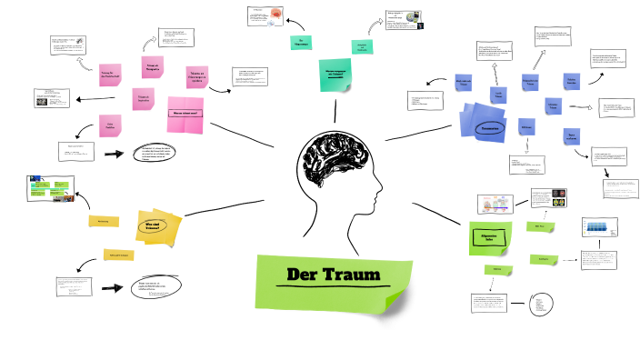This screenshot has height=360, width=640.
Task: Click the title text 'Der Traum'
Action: (333, 275)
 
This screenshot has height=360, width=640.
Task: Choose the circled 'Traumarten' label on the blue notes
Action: (491, 128)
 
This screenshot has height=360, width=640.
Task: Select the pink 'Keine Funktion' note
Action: (111, 126)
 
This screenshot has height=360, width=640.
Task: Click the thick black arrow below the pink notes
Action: (114, 155)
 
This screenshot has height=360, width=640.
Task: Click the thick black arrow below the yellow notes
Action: (112, 288)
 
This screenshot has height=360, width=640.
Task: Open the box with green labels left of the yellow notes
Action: (51, 188)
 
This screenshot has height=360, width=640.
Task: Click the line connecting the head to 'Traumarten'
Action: (419, 134)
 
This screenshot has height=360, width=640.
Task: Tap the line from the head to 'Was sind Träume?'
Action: (224, 206)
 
